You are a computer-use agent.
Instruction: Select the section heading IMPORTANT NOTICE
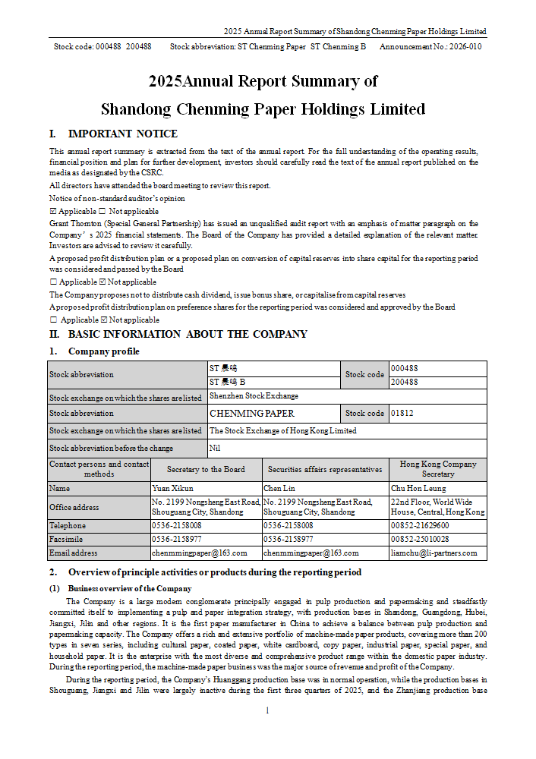tap(123, 134)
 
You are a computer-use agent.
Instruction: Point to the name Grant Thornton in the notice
tap(75, 224)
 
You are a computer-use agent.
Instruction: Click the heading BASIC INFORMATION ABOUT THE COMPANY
tap(188, 334)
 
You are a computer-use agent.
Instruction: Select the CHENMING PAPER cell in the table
tap(252, 414)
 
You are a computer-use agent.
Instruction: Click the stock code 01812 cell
tap(403, 414)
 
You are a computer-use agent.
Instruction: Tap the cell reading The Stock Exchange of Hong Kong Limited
tap(283, 431)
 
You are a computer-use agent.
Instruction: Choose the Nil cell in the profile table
tap(214, 449)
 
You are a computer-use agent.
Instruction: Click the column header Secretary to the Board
tap(206, 470)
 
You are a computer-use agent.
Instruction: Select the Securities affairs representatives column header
tap(325, 470)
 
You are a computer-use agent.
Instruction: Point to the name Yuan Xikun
tap(173, 488)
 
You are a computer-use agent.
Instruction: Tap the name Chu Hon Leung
tap(419, 488)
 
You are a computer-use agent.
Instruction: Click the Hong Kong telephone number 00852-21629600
tap(420, 525)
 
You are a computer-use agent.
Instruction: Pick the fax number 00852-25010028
tap(420, 539)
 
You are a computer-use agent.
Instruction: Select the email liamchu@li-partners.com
tap(434, 553)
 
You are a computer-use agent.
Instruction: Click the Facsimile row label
tap(68, 539)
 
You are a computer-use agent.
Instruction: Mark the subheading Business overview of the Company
tap(129, 588)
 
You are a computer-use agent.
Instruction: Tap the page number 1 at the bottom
tap(267, 711)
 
